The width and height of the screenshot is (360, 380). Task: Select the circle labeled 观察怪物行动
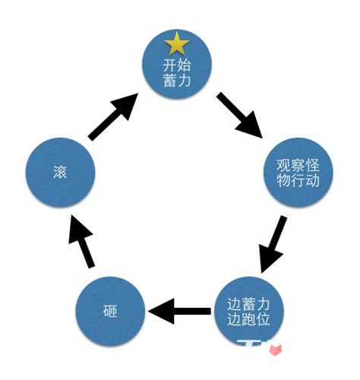pos(302,174)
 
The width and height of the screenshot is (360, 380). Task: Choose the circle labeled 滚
pos(61,173)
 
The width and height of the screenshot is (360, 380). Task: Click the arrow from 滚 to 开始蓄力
pos(114,116)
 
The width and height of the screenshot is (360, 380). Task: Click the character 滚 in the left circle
pos(61,173)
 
